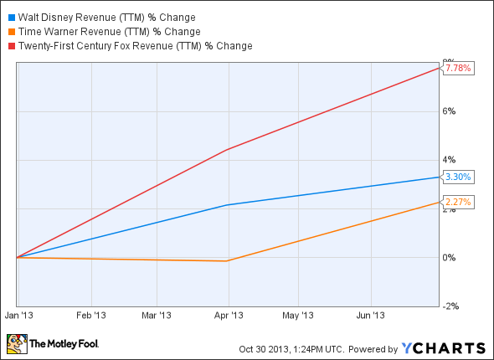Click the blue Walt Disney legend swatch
(11, 17)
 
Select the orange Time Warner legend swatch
(11, 31)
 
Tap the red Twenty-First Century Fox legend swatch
(11, 45)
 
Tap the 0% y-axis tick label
(449, 258)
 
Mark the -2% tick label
(449, 306)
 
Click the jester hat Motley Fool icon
(16, 344)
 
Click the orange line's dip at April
(227, 261)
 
